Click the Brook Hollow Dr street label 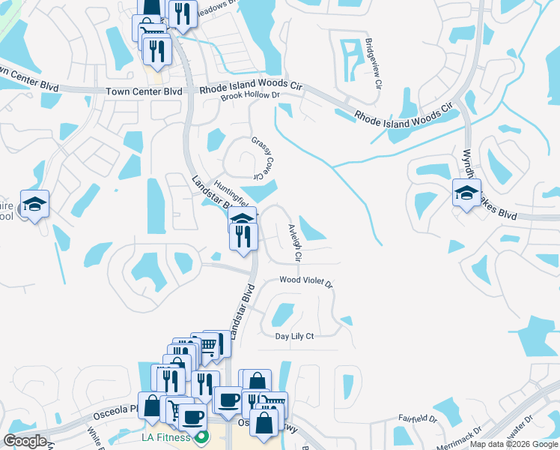point(250,95)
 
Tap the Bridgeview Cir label point(370,61)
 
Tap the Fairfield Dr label point(418,418)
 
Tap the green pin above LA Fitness point(200,436)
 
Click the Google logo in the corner point(25,441)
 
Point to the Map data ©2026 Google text point(514,444)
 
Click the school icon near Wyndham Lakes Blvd point(466,193)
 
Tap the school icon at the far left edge point(34,204)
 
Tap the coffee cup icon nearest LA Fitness point(192,416)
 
